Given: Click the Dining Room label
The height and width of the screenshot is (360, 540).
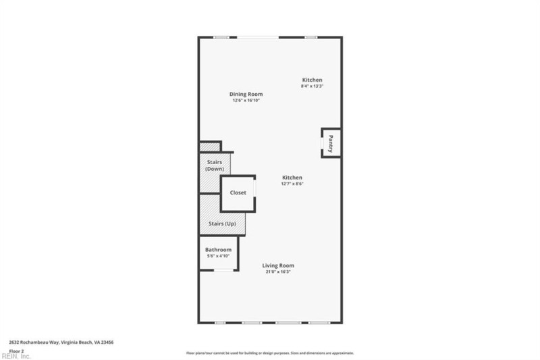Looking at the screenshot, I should tap(246, 94).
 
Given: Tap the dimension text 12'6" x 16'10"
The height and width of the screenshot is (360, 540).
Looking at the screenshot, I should tap(246, 100).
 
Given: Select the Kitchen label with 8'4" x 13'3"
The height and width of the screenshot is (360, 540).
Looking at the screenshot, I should tap(312, 80).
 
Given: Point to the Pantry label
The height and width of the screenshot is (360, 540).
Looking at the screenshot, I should tap(331, 144).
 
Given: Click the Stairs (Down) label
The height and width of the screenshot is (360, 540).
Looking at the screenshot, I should tap(215, 165).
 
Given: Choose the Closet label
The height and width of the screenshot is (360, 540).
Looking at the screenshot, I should tap(238, 192).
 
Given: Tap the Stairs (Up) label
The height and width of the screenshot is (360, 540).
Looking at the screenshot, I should tap(221, 223).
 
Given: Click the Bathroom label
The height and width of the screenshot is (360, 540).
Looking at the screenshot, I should tap(218, 250).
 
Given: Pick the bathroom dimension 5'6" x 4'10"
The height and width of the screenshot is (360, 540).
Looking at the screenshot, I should tap(218, 256).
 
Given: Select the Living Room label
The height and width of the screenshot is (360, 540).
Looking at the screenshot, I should tap(278, 265).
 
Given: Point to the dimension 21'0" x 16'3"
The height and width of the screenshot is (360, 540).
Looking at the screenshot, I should tap(278, 272).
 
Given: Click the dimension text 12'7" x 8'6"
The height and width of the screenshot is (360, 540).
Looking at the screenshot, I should tap(292, 184).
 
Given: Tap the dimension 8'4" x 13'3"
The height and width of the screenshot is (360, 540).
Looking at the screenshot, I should tap(312, 86).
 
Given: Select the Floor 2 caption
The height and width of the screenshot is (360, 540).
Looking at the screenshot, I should tap(16, 351).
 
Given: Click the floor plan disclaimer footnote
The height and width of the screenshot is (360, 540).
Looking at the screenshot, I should tap(270, 353).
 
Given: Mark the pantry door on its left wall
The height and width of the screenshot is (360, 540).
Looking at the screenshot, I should tap(323, 143).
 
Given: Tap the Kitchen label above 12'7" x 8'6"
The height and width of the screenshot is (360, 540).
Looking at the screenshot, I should tap(292, 178).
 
